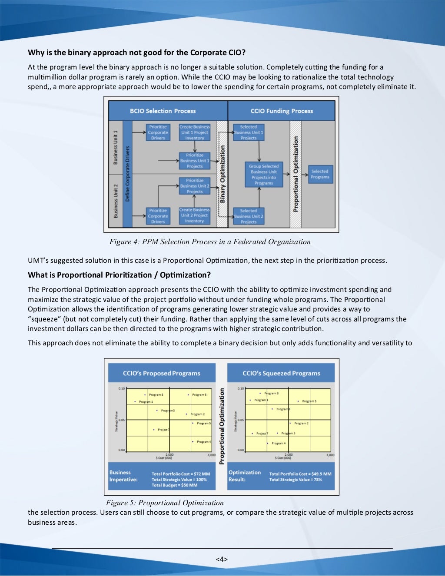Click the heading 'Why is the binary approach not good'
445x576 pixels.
coord(136,53)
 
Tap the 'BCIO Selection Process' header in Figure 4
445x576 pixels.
coord(163,111)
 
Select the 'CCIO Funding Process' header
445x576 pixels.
coord(282,111)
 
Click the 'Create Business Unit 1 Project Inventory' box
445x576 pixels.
coord(195,132)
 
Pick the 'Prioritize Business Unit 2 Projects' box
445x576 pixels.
coord(195,186)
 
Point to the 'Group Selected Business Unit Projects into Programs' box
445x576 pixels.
coord(264,175)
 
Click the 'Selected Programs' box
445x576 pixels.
coord(320,174)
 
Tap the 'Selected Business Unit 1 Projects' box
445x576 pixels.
coord(249,132)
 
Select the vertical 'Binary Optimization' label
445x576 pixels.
coord(222,174)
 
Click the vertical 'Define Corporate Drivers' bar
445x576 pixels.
coord(127,174)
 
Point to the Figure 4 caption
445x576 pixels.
coord(210,242)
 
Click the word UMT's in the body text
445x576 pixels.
coord(38,261)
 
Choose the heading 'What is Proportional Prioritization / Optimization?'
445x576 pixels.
coord(119,275)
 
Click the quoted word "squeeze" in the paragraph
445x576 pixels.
coord(44,319)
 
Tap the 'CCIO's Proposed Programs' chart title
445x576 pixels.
coord(162,373)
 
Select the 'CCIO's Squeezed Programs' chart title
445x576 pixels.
coord(281,373)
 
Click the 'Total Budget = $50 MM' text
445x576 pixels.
coord(174,485)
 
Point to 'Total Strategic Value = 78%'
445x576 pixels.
coord(296,480)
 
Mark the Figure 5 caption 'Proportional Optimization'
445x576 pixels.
coord(165,503)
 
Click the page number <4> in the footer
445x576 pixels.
coord(222,559)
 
